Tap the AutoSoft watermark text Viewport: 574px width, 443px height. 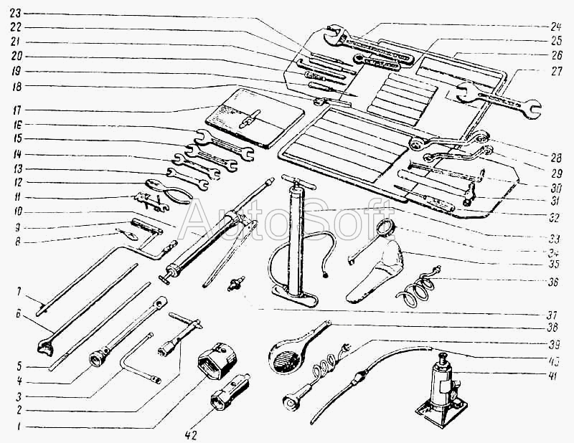point(287,214)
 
